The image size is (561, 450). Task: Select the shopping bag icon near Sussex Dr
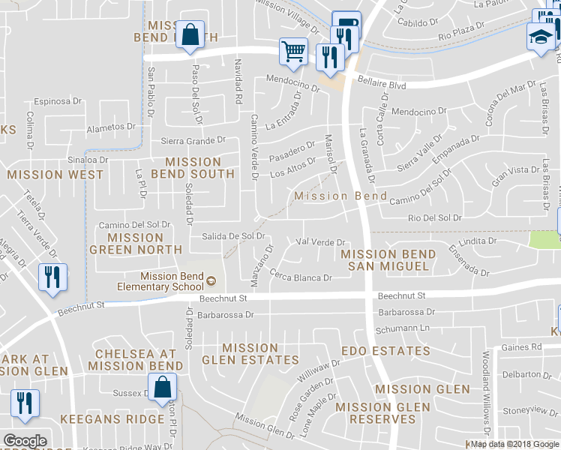pyautogui.click(x=161, y=388)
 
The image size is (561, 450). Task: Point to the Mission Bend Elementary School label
pyautogui.click(x=160, y=281)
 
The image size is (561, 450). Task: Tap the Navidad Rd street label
pyautogui.click(x=238, y=81)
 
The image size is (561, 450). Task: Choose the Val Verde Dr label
pyautogui.click(x=320, y=242)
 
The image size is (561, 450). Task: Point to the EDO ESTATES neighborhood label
pyautogui.click(x=385, y=351)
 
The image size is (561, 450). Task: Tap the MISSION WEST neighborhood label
pyautogui.click(x=55, y=175)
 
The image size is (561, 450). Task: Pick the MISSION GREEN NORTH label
pyautogui.click(x=136, y=244)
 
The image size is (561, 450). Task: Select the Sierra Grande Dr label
pyautogui.click(x=193, y=140)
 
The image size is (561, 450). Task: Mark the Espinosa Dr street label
pyautogui.click(x=56, y=100)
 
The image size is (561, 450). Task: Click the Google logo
pyautogui.click(x=24, y=440)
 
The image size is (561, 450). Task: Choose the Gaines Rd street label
pyautogui.click(x=525, y=346)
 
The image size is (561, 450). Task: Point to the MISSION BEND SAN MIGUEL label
pyautogui.click(x=385, y=260)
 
